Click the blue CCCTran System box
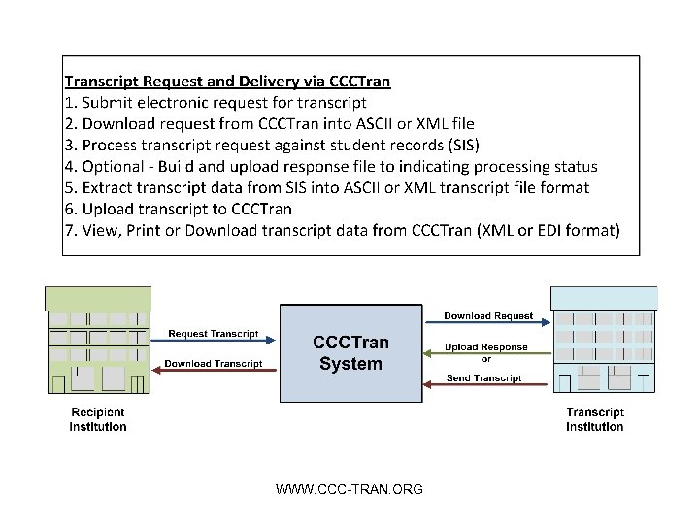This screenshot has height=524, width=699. tap(350, 353)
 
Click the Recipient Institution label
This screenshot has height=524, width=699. tap(98, 419)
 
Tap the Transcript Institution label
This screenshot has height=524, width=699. tap(595, 419)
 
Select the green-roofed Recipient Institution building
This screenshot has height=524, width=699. tap(99, 340)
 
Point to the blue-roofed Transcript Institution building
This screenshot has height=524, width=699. tap(596, 340)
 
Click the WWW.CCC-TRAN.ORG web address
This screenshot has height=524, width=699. tap(349, 489)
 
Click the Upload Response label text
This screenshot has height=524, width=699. tap(486, 346)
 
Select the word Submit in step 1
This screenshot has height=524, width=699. tap(110, 102)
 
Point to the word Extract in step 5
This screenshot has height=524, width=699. tap(109, 187)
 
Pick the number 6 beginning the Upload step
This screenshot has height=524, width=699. tap(68, 209)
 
